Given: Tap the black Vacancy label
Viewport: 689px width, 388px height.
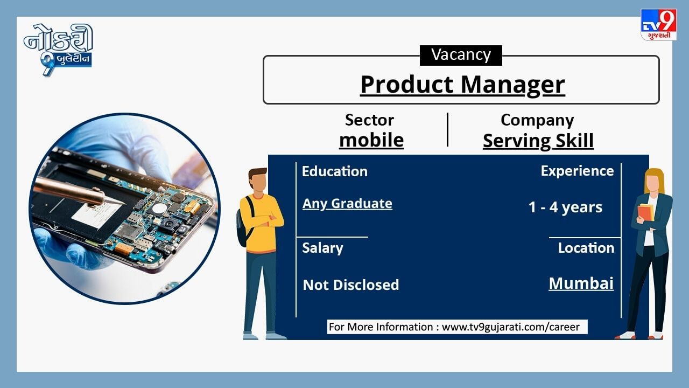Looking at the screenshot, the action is click(x=461, y=55).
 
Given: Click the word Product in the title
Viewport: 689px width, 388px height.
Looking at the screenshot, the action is click(x=407, y=85).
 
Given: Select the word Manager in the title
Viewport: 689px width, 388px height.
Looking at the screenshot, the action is click(x=513, y=85).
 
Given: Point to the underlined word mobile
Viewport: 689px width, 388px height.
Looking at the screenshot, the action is click(x=371, y=140).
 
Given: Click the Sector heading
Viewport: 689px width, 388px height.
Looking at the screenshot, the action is click(x=369, y=120).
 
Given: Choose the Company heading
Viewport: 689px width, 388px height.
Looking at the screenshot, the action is click(x=537, y=120).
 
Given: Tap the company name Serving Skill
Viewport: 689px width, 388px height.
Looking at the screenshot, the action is click(x=538, y=141).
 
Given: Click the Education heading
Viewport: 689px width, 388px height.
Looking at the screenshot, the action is click(x=335, y=171).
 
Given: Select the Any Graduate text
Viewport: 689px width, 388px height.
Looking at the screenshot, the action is click(x=347, y=204).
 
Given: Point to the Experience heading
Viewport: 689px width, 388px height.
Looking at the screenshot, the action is click(x=578, y=171).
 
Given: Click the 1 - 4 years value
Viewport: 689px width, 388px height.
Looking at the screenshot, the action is click(x=565, y=207).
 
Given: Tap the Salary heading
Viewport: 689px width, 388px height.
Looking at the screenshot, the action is click(x=322, y=248).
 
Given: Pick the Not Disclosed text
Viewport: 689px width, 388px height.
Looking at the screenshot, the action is click(x=350, y=285).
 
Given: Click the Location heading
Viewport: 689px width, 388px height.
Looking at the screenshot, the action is click(x=586, y=248).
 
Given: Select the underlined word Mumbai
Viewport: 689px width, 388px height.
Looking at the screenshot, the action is click(x=581, y=283).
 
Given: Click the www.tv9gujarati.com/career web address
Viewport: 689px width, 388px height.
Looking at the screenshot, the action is click(x=511, y=327).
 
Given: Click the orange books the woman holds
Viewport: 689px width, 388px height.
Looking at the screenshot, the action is click(x=646, y=212).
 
